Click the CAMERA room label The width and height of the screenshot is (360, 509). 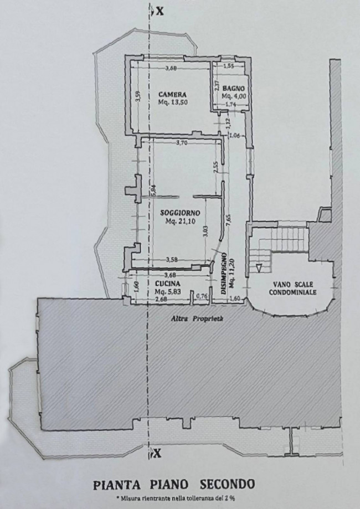[172, 95]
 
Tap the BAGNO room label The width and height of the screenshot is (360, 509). [233, 88]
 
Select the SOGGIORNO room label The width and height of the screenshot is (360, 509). [180, 213]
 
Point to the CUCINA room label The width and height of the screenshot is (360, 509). [167, 284]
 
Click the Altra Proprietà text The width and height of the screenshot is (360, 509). [197, 319]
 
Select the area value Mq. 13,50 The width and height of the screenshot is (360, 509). [173, 102]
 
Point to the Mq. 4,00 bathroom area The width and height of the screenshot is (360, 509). [234, 96]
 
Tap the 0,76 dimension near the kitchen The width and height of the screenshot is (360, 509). [202, 296]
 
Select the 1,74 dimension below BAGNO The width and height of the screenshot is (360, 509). [230, 104]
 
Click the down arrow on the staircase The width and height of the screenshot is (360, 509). [259, 268]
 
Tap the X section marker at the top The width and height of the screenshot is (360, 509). [160, 11]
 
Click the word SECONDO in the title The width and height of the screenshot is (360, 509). [227, 485]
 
